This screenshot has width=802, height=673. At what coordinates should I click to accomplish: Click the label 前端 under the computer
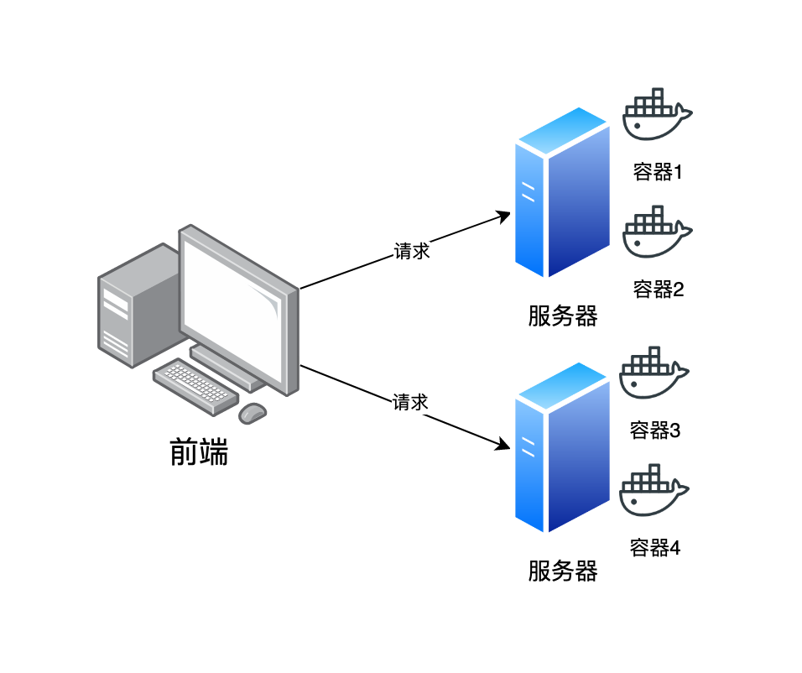[199, 453]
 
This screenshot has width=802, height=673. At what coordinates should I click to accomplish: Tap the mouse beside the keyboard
[253, 413]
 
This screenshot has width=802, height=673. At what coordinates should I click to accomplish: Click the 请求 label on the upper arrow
[412, 252]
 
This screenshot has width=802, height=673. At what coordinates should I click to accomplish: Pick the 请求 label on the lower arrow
[411, 403]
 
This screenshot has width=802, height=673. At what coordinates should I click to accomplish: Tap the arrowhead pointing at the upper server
[504, 216]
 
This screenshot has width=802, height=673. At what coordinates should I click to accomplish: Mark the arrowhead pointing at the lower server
[504, 445]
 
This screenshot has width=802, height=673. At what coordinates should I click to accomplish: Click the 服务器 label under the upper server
[563, 316]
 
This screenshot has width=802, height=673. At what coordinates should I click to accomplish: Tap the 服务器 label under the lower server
[563, 571]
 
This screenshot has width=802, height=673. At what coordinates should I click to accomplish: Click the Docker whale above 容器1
[658, 115]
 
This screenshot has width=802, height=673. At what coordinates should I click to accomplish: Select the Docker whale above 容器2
[658, 232]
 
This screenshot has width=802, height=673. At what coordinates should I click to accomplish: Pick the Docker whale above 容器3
[654, 374]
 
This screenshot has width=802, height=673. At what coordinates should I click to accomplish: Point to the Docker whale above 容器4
[654, 491]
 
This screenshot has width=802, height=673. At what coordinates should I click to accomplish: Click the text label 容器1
[658, 173]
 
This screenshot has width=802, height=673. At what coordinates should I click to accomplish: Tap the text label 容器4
[655, 549]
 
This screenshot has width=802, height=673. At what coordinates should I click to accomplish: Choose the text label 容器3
[655, 431]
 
